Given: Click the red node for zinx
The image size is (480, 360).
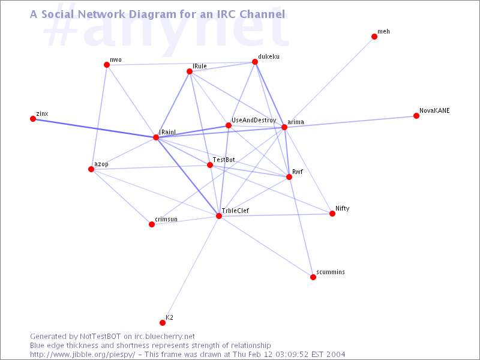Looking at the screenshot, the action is pyautogui.click(x=33, y=119).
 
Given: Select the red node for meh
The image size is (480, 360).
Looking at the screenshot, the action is pyautogui.click(x=374, y=37).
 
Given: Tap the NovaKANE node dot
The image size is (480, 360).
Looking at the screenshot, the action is pyautogui.click(x=416, y=116).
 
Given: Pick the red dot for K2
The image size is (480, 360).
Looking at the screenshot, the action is pyautogui.click(x=163, y=323).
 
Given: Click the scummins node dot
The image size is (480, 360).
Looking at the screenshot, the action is pyautogui.click(x=313, y=277).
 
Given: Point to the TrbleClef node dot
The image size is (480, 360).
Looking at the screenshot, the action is pyautogui.click(x=219, y=216).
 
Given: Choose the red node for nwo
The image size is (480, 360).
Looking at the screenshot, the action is pyautogui.click(x=107, y=65).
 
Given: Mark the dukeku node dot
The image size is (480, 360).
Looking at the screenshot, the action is pyautogui.click(x=254, y=62).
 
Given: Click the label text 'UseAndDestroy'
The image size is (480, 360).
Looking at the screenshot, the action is pyautogui.click(x=254, y=121).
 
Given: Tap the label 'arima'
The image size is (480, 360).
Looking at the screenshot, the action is pyautogui.click(x=296, y=122).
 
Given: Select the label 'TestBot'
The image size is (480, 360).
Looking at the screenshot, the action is pyautogui.click(x=224, y=160).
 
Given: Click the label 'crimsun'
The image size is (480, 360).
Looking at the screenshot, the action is pyautogui.click(x=166, y=219).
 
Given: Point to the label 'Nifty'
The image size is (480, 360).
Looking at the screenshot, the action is pyautogui.click(x=342, y=208).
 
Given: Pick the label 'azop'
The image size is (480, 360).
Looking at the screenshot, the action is pyautogui.click(x=101, y=164).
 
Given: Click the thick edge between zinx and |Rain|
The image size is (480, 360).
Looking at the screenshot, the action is pyautogui.click(x=95, y=128).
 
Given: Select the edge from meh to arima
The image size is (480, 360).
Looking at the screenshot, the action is pyautogui.click(x=329, y=82).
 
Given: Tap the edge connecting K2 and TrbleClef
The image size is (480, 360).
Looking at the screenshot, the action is pyautogui.click(x=191, y=269).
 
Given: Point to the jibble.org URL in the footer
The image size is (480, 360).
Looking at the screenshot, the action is pyautogui.click(x=83, y=355).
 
